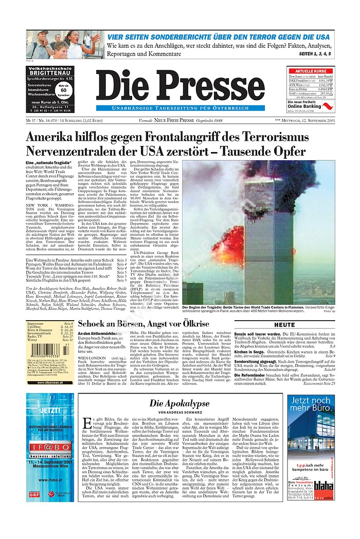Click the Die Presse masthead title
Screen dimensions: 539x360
pos(173,86)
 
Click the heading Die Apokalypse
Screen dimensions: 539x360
pos(179,403)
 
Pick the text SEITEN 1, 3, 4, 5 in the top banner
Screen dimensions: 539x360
pos(315,53)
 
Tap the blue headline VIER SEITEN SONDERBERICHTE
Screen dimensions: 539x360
pos(218,37)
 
